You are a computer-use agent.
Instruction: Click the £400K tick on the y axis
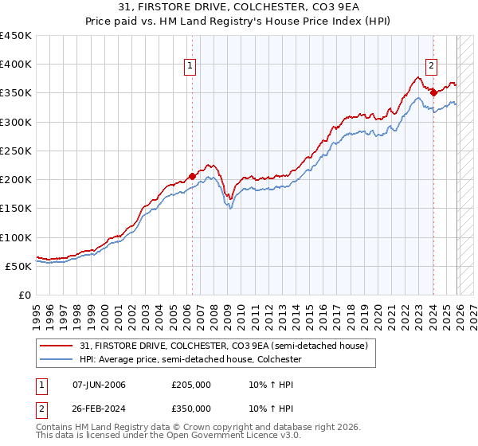click(15, 65)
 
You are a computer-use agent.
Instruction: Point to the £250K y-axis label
click(15, 151)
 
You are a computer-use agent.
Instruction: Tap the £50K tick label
click(18, 266)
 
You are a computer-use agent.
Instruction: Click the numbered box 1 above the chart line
click(191, 67)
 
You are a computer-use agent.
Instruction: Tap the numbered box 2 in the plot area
click(431, 67)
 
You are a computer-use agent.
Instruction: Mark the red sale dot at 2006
click(192, 176)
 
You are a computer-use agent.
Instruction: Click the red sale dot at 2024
click(433, 92)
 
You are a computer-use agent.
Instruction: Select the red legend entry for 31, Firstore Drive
click(223, 346)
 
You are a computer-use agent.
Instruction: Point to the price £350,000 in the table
click(191, 408)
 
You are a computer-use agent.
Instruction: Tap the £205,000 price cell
click(191, 385)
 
